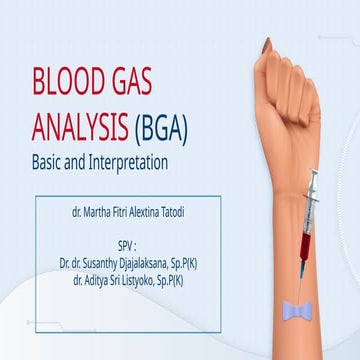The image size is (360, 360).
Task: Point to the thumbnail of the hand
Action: [x=266, y=45]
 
